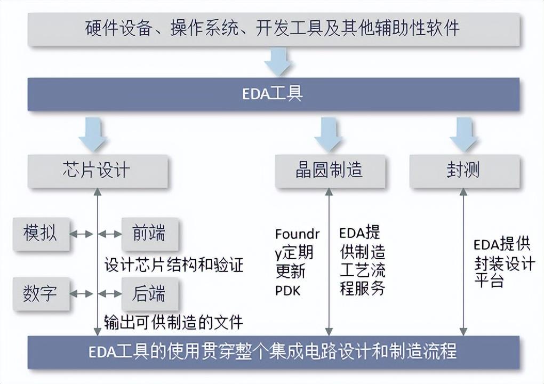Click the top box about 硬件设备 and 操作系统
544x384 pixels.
coord(274,29)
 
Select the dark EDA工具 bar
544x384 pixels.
coord(274,94)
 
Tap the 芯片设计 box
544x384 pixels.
coord(98,171)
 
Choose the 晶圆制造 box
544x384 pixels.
coord(330,171)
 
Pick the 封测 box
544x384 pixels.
coord(465,171)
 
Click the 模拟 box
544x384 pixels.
coord(41,234)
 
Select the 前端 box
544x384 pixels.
coord(150,234)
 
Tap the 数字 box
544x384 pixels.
coord(41,293)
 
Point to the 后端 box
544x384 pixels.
coord(150,293)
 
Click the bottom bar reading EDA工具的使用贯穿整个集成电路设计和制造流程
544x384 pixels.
coord(274,352)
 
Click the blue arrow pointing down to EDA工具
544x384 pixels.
coord(278,62)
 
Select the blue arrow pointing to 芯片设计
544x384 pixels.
coord(93,134)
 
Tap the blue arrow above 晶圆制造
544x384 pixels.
coord(329,134)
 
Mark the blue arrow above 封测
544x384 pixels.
coord(464,134)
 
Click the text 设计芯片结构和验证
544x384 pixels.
coord(174,265)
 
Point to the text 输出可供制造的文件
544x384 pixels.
coord(173,322)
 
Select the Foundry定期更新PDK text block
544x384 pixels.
coord(297,262)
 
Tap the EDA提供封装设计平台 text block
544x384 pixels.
coord(504,263)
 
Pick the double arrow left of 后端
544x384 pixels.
coord(110,294)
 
